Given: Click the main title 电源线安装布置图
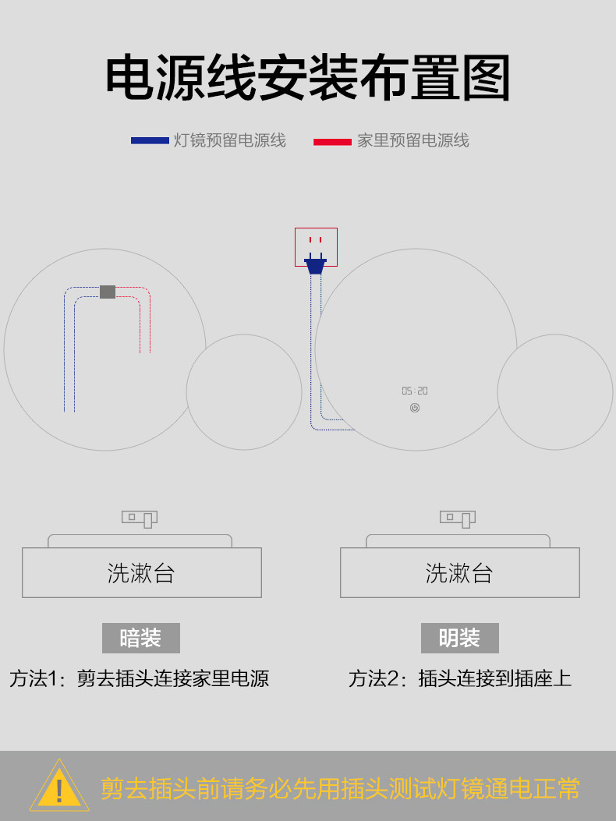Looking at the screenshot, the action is [x=308, y=78].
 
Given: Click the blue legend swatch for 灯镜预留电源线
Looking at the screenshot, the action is [x=150, y=140].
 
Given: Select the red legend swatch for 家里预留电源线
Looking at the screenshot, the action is [x=332, y=141].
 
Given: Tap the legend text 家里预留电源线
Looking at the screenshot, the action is [x=413, y=140].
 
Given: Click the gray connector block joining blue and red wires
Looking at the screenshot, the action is [x=108, y=292].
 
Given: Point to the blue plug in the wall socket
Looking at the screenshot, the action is [x=315, y=265].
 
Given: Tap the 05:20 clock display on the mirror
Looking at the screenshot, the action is [x=415, y=391].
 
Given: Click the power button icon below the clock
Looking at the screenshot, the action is [x=415, y=408].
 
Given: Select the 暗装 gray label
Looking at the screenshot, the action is [x=141, y=638].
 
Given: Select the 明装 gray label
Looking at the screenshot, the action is [x=459, y=638].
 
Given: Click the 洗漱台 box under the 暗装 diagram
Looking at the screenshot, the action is [x=141, y=572].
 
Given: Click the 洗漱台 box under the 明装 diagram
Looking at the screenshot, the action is [x=459, y=572].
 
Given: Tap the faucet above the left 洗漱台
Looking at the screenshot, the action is [x=140, y=518].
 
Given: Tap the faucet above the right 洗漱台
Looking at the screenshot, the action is [x=458, y=518].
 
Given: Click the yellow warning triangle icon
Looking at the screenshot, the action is [x=59, y=786].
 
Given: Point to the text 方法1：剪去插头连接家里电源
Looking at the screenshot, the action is [x=140, y=678].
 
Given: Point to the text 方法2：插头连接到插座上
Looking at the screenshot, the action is [x=459, y=678].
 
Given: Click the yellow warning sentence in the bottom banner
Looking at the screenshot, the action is [x=340, y=788].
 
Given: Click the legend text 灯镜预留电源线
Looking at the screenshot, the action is [x=230, y=140].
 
